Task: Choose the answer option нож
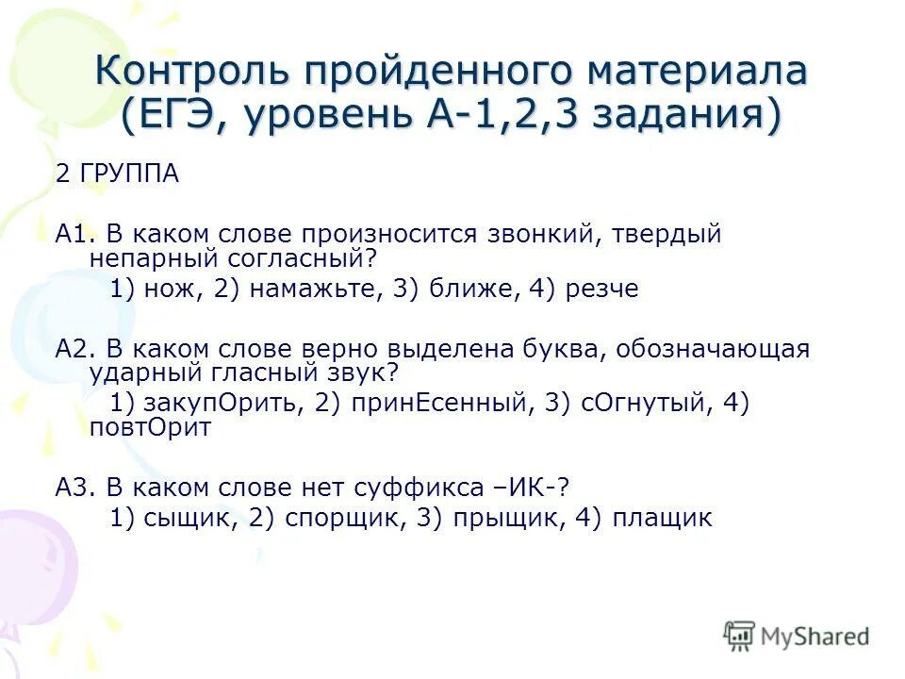[173, 290]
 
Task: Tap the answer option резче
[601, 290]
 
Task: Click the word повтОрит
[151, 427]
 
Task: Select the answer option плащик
[663, 518]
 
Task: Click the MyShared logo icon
[740, 636]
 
